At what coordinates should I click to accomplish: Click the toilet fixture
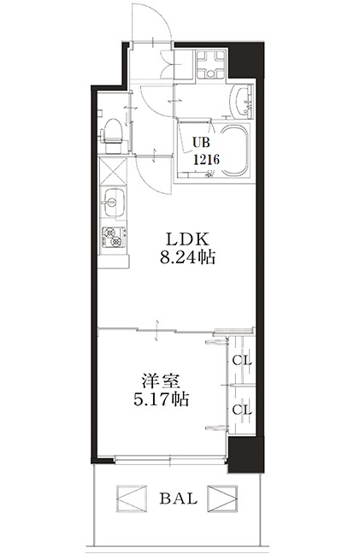click(109, 133)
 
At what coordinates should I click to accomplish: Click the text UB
click(200, 142)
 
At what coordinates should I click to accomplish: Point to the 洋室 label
click(161, 380)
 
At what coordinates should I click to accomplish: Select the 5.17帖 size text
click(161, 398)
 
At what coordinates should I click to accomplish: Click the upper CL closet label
click(242, 360)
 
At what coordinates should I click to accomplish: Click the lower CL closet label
click(242, 410)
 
